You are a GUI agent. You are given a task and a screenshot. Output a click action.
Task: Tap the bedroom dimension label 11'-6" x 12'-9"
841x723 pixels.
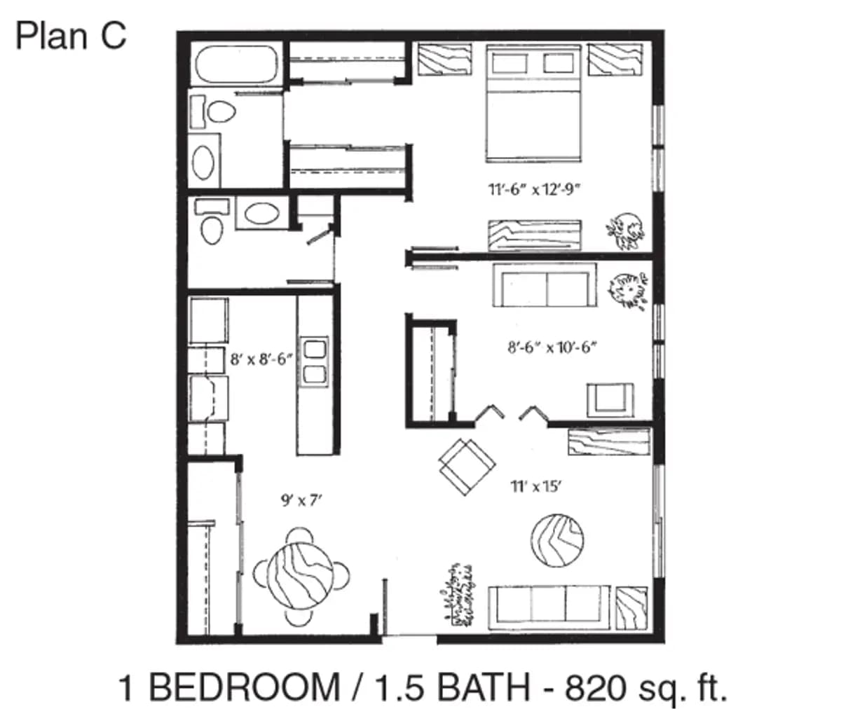pyautogui.click(x=535, y=189)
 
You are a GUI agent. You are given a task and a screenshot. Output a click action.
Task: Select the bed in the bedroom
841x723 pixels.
pyautogui.click(x=534, y=105)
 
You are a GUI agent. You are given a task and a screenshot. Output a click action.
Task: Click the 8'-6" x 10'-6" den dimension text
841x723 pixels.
pyautogui.click(x=556, y=347)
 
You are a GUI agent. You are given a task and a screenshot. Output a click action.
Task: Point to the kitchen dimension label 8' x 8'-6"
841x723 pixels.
pyautogui.click(x=261, y=360)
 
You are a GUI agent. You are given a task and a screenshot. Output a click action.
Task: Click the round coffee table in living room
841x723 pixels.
pyautogui.click(x=557, y=541)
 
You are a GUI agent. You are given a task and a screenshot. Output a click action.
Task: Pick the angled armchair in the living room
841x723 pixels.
pyautogui.click(x=466, y=466)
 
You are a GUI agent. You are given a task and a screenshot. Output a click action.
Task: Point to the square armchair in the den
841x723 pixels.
pyautogui.click(x=610, y=399)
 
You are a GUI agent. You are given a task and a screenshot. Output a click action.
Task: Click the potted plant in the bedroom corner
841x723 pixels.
pyautogui.click(x=625, y=231)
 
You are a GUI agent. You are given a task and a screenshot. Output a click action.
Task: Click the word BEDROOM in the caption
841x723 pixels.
pyautogui.click(x=245, y=688)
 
